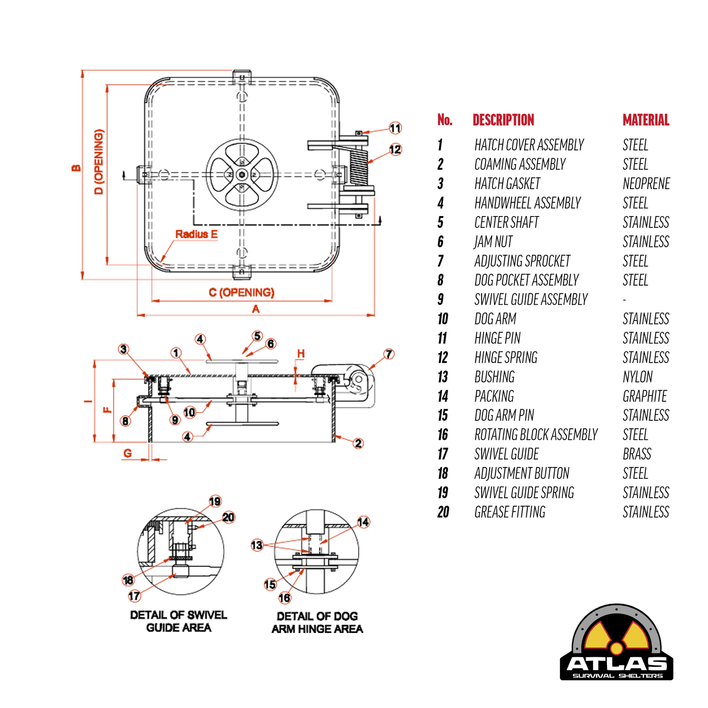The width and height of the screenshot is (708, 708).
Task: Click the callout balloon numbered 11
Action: click(x=395, y=128)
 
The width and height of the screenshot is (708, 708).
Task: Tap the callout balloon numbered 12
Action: click(x=395, y=149)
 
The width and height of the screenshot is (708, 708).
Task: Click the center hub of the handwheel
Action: click(x=242, y=174)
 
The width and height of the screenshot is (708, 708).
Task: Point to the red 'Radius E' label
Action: click(x=196, y=234)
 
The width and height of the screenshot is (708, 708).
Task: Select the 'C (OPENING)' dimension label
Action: click(x=242, y=293)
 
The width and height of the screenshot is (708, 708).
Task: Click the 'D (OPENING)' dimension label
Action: click(x=99, y=162)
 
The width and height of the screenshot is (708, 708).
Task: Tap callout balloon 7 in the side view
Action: click(x=389, y=354)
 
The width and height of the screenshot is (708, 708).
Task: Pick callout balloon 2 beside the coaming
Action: click(x=358, y=443)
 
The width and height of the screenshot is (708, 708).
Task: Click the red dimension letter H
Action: click(x=301, y=353)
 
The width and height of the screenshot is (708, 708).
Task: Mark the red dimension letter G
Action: click(x=127, y=453)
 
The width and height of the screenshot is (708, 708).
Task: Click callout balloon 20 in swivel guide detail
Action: click(x=228, y=517)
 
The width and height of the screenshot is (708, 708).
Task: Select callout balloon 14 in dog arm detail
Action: click(x=363, y=522)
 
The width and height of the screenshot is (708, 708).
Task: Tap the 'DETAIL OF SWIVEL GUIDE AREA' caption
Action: click(x=179, y=621)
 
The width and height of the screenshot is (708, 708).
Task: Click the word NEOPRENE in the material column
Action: click(x=646, y=184)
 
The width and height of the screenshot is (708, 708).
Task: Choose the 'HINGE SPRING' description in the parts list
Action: click(x=506, y=358)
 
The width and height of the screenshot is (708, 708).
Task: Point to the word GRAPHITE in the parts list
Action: click(x=645, y=396)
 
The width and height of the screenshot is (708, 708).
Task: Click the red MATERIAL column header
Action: click(x=646, y=120)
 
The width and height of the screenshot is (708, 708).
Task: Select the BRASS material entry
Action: click(x=637, y=454)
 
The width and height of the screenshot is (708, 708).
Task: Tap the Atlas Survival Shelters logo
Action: click(x=616, y=643)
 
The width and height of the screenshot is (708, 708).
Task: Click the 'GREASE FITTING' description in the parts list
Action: click(x=510, y=512)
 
